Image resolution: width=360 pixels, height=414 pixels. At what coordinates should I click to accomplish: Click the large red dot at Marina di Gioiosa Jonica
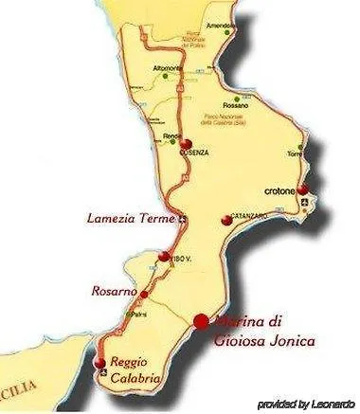(x=201, y=320)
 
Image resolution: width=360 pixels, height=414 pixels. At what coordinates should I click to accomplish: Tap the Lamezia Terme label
(x=131, y=219)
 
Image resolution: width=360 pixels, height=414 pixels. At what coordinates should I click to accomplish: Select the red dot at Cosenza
(x=172, y=144)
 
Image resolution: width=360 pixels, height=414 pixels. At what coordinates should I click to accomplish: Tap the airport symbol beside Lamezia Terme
(x=184, y=221)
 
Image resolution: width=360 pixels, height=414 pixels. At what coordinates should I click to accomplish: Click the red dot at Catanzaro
(x=225, y=220)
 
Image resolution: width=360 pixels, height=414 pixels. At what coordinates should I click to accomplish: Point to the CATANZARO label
(x=250, y=216)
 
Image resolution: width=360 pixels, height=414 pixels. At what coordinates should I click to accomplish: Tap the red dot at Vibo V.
(x=165, y=257)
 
